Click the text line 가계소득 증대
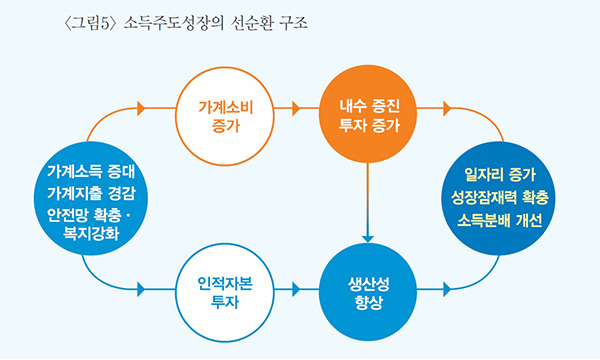tap(90, 169)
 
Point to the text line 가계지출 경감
tap(90, 192)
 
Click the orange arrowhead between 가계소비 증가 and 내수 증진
tap(296, 104)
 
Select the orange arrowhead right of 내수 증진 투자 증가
tap(446, 104)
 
